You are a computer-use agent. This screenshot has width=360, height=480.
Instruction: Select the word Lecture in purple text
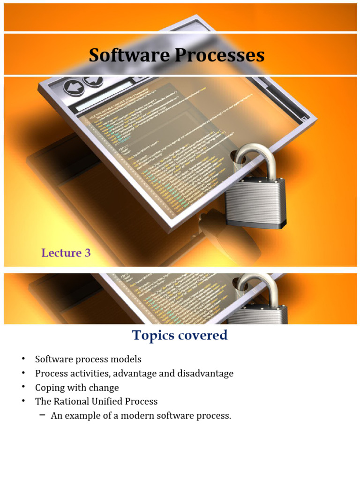pos(61,253)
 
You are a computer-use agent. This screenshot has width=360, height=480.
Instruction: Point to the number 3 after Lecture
pos(88,253)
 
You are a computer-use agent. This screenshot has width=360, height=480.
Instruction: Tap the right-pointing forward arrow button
pos(92,81)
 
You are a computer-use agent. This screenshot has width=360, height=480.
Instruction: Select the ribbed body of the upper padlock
pos(255,202)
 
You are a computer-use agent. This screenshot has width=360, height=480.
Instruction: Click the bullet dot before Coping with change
pos(22,388)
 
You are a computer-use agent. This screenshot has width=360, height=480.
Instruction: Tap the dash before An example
pos(42,415)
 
